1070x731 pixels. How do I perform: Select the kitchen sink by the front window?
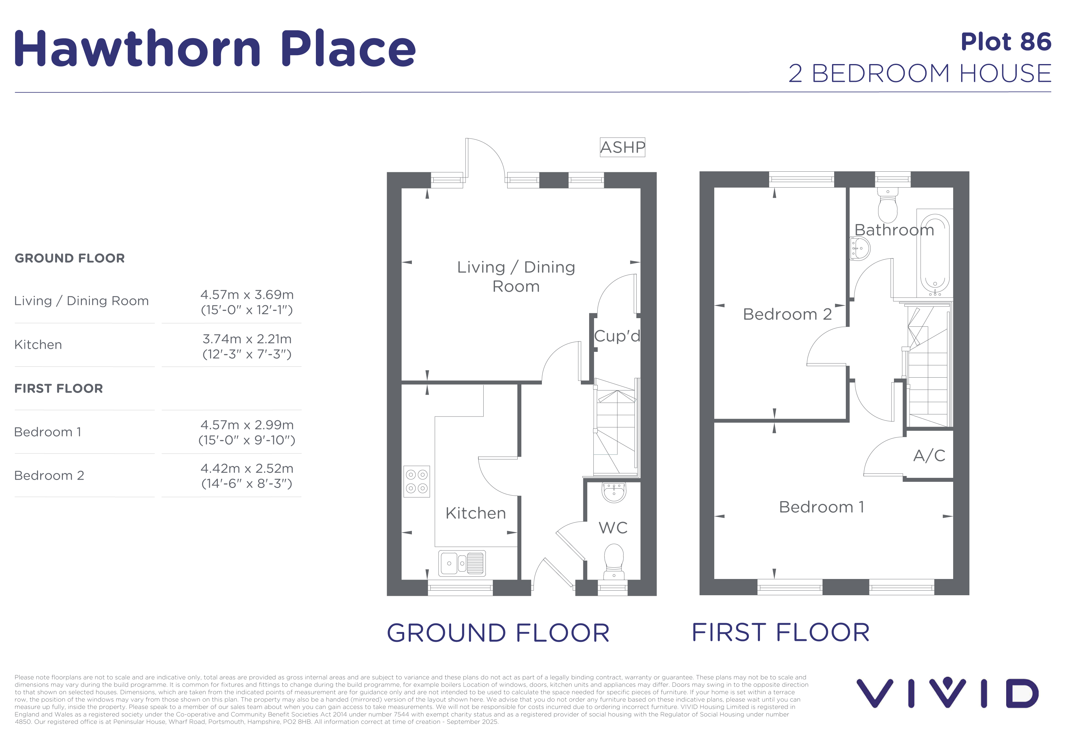[462, 563]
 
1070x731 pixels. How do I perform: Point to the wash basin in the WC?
[613, 492]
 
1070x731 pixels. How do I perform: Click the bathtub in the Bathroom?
[935, 252]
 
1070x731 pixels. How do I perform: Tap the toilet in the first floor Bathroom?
[887, 205]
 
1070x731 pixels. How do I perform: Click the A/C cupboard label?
[929, 455]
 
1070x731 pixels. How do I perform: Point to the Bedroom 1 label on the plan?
[821, 507]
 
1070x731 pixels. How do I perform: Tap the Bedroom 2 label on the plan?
[787, 314]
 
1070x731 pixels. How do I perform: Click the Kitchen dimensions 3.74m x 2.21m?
[247, 339]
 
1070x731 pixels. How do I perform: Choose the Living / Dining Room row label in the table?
[82, 301]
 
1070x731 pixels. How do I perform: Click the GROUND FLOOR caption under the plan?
[498, 633]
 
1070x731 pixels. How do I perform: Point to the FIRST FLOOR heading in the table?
[59, 389]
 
